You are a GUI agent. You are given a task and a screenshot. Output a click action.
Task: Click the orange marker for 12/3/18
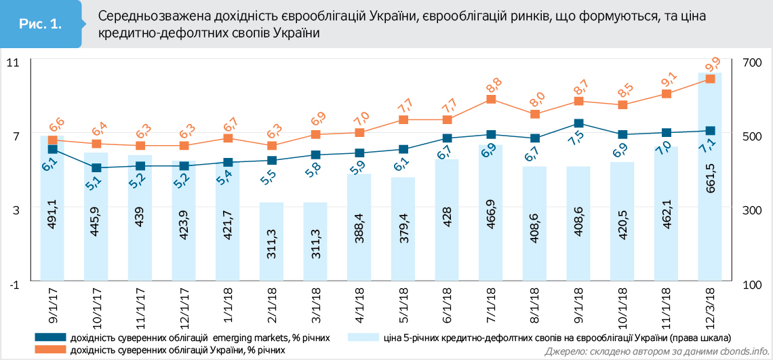tap(710, 79)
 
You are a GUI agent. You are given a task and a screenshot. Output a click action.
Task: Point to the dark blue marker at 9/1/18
tap(578, 123)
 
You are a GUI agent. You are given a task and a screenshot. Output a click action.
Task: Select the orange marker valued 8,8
tap(491, 100)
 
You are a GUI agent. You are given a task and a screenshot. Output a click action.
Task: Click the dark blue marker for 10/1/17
tap(96, 167)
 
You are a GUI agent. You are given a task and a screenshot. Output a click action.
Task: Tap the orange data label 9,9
tap(712, 65)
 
